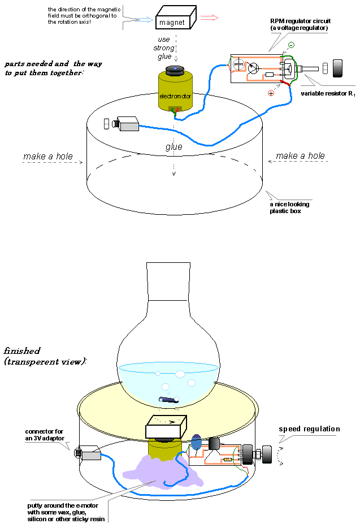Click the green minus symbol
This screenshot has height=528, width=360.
[x=290, y=45]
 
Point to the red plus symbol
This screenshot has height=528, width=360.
[x=271, y=93]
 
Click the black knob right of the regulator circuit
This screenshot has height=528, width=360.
[x=337, y=69]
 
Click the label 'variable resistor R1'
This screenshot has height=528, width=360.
[x=327, y=93]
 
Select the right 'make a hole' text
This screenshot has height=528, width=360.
[x=300, y=156]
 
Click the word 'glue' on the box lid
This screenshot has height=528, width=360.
[x=174, y=147]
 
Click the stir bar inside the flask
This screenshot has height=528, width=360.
[x=169, y=400]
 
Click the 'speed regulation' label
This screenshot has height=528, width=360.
[x=309, y=429]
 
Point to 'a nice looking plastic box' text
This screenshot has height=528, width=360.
[x=289, y=207]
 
